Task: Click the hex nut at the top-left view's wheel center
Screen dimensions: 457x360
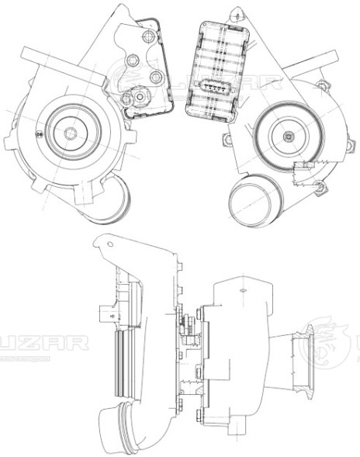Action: (69, 133)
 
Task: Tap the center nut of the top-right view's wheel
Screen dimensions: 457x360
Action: (289, 137)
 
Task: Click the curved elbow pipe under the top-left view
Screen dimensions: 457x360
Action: (113, 200)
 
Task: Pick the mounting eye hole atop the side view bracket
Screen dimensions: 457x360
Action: (109, 245)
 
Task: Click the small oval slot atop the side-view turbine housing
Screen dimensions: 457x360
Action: (243, 289)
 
